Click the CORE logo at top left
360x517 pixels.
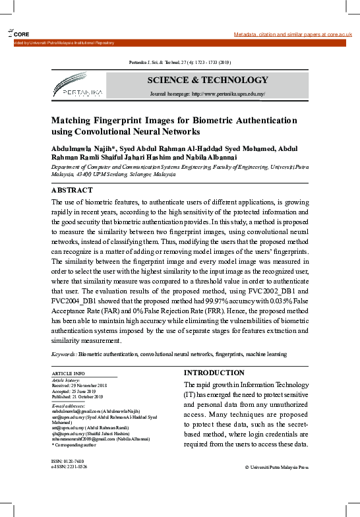click(19, 34)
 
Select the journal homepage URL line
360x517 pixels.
click(207, 94)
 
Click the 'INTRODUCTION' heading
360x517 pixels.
click(214, 373)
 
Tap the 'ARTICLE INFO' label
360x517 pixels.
click(68, 374)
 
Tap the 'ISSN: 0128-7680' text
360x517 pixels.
click(69, 461)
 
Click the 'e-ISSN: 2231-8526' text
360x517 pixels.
click(69, 466)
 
